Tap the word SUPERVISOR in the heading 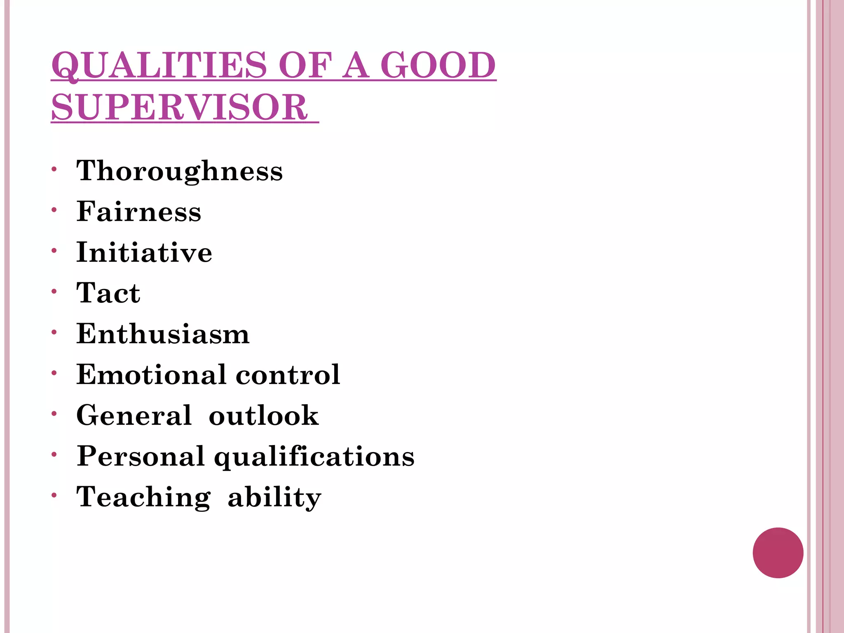pos(179,107)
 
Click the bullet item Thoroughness pos(180,171)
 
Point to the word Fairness pos(139,211)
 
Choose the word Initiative pos(144,252)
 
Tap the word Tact pos(108,293)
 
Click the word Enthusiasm pos(163,333)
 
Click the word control pos(288,374)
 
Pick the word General pos(134,415)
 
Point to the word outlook pos(264,415)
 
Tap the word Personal pos(141,456)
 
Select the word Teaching pos(143,497)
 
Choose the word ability pos(274,497)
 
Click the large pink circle pos(778,553)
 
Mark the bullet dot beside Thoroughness pos(54,169)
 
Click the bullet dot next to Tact pos(54,291)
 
